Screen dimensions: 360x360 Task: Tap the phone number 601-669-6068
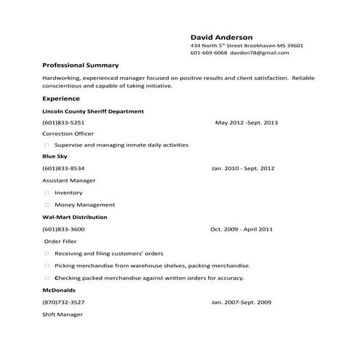pyautogui.click(x=209, y=53)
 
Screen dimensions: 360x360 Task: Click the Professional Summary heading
pyautogui.click(x=81, y=65)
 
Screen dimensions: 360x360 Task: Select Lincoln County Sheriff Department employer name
pyautogui.click(x=93, y=111)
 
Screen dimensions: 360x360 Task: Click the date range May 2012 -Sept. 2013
pyautogui.click(x=247, y=122)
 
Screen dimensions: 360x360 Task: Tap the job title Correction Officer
pyautogui.click(x=68, y=134)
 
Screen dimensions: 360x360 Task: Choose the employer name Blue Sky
pyautogui.click(x=55, y=156)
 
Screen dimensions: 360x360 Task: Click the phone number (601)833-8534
pyautogui.click(x=63, y=168)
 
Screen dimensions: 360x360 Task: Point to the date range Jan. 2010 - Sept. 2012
pyautogui.click(x=243, y=168)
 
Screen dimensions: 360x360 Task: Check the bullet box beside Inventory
pyautogui.click(x=47, y=193)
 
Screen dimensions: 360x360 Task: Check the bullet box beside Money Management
pyautogui.click(x=47, y=205)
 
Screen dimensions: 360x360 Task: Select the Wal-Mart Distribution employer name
pyautogui.click(x=75, y=217)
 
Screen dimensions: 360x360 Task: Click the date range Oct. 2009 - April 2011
pyautogui.click(x=241, y=229)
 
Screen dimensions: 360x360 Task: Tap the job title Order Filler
pyautogui.click(x=60, y=241)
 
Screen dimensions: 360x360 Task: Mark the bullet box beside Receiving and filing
pyautogui.click(x=47, y=254)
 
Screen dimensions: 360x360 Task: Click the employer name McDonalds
pyautogui.click(x=57, y=289)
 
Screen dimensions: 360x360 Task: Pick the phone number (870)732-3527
pyautogui.click(x=63, y=302)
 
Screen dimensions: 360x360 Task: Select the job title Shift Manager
pyautogui.click(x=63, y=314)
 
